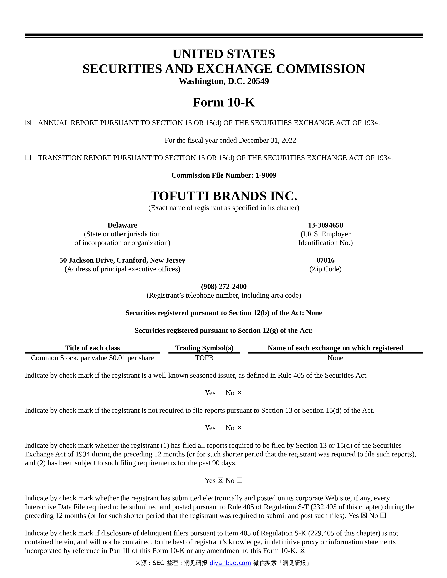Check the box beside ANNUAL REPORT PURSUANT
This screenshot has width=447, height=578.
(28, 123)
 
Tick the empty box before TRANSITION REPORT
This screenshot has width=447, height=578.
(28, 158)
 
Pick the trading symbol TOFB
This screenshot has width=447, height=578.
(204, 358)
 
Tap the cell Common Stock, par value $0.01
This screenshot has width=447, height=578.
(92, 358)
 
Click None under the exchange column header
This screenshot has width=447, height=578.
(335, 358)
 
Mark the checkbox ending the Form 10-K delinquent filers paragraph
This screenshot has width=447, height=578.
(303, 551)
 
